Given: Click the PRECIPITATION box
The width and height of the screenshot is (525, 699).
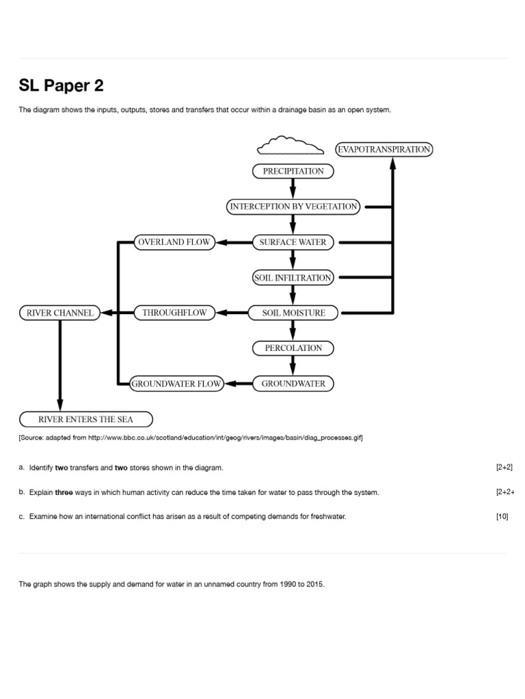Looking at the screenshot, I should [293, 171].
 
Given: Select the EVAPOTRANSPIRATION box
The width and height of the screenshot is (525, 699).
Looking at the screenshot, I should [384, 149].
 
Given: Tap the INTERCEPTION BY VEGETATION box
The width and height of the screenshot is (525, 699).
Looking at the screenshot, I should [293, 206].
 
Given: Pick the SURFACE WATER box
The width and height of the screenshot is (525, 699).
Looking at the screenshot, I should [293, 242].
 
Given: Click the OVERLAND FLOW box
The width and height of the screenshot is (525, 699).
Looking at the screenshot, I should [174, 242].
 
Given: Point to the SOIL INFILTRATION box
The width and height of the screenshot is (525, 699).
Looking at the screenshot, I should [293, 278].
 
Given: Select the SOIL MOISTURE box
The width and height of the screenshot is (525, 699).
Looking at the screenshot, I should [294, 313].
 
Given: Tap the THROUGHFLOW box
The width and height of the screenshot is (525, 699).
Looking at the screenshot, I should [174, 313].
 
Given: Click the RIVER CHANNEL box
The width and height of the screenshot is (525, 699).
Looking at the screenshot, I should [59, 313].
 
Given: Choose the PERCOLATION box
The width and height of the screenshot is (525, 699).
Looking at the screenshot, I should [293, 348].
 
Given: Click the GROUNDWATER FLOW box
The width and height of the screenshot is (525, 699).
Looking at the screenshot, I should [176, 384].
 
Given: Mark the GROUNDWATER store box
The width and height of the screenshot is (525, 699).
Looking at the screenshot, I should [293, 384].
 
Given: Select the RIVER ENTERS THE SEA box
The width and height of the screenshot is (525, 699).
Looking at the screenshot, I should [85, 419].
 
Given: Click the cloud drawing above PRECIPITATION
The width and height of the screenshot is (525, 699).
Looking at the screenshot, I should [291, 146].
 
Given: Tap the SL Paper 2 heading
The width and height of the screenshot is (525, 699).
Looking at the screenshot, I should [62, 86].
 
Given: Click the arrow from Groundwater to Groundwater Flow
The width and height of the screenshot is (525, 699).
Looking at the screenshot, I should [239, 384].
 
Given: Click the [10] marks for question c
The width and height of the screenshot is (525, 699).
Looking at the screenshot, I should [502, 517].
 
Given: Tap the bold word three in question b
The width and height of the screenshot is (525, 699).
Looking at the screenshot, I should [64, 492].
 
